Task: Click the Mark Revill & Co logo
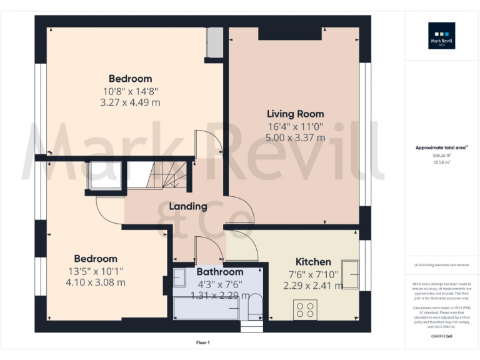coord(441,36)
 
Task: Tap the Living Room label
coord(296,114)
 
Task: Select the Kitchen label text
coord(313,262)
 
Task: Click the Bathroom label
coord(220,272)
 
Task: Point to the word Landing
coord(188,206)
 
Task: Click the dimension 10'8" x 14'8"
coord(130,91)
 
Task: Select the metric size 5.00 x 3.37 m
coord(296,137)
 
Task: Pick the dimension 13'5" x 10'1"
coord(96,271)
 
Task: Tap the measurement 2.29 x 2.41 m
coord(312,286)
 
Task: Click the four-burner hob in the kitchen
coord(306,309)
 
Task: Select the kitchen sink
coord(350,275)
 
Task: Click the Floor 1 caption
coord(202,342)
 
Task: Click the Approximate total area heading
coord(441,147)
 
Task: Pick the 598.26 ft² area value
coord(441,155)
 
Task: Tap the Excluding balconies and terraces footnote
coord(441,265)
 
